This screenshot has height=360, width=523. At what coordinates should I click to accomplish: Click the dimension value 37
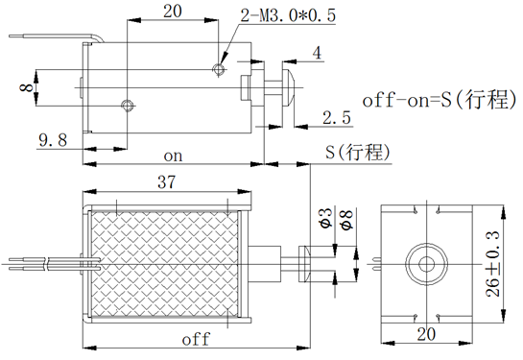pos(164,181)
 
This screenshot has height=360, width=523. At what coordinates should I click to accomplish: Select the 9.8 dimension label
pos(52,140)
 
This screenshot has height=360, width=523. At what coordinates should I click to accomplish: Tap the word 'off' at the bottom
pos(195,339)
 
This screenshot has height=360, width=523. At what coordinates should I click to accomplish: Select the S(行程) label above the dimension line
pos(358,152)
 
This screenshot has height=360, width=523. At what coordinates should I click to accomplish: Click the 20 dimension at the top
pos(173,12)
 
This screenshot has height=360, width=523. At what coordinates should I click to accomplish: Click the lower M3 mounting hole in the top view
pos(127,104)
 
